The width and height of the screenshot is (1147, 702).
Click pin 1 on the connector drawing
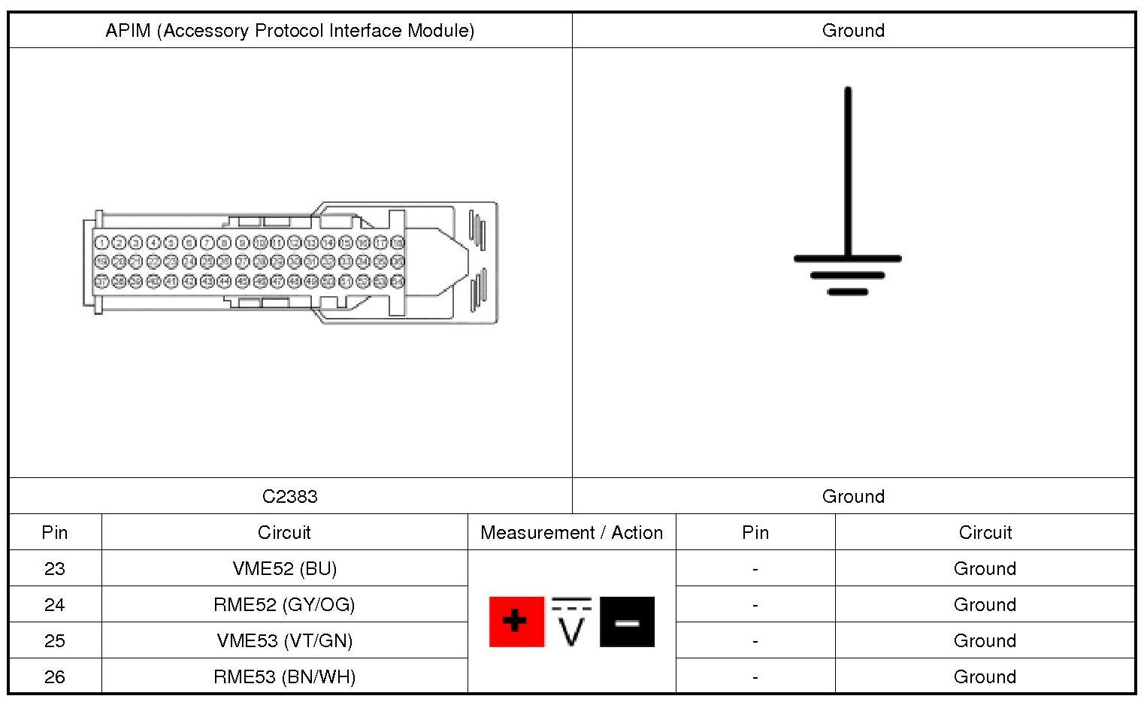pos(101,243)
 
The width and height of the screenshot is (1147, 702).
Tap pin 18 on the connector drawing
pos(398,243)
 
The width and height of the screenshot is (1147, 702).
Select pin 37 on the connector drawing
pos(101,281)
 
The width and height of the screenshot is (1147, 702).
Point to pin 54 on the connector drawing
pos(398,281)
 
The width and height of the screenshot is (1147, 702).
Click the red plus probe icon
pos(516,622)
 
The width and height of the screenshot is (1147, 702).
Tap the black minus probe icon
pos(627,622)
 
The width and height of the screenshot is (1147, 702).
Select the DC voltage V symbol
pos(571,623)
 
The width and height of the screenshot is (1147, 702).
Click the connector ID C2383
pos(289,496)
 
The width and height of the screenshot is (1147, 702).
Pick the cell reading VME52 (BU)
pos(284,568)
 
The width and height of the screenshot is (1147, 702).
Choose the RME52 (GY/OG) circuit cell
pos(284,604)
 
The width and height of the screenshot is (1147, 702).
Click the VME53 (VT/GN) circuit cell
pos(284,640)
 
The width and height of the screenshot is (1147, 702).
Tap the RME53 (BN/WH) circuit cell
pos(284,676)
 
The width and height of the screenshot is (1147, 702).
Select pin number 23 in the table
pos(55,568)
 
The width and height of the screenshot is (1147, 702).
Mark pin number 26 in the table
pos(55,676)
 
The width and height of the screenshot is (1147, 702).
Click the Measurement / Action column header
pos(571,532)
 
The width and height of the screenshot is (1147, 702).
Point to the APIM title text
pos(289,31)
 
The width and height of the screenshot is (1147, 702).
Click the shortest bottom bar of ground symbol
pos(848,292)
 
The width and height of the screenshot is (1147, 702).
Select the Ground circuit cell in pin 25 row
pos(985,640)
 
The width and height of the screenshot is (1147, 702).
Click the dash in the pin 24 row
pos(755,604)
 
